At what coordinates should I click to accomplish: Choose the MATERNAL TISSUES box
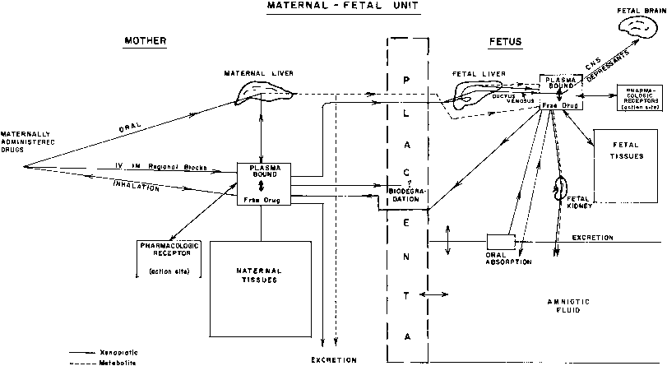[x=259, y=276]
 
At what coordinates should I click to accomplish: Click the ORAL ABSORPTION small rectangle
[x=501, y=241]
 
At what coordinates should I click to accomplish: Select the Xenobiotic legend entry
[x=61, y=350]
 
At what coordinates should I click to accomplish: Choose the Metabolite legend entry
[x=61, y=360]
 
